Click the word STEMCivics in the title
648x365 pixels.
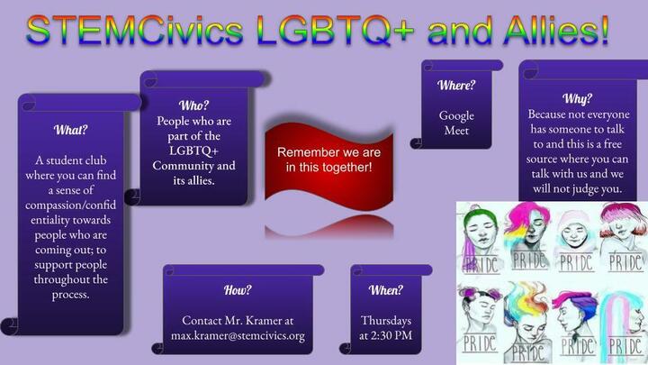click(135, 31)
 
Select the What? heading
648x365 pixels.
click(71, 130)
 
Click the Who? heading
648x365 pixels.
click(193, 105)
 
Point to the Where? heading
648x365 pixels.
click(456, 86)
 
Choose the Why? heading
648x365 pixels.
click(577, 99)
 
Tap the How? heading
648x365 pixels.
click(238, 290)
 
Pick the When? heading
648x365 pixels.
click(385, 290)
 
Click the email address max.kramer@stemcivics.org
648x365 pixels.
click(238, 335)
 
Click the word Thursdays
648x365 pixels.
click(386, 321)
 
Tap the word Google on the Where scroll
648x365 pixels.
click(456, 116)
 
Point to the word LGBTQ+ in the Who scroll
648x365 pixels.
click(193, 151)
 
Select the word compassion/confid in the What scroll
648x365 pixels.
click(71, 205)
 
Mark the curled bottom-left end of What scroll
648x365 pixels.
click(10, 326)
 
